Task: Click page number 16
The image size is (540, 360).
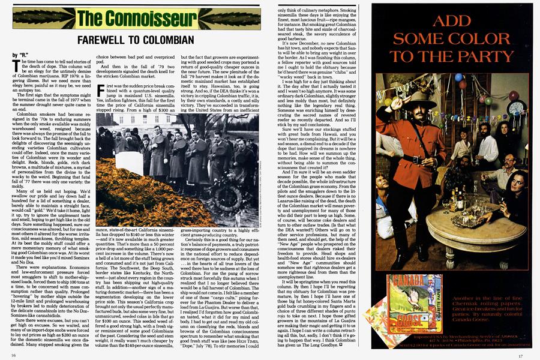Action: click(13, 355)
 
